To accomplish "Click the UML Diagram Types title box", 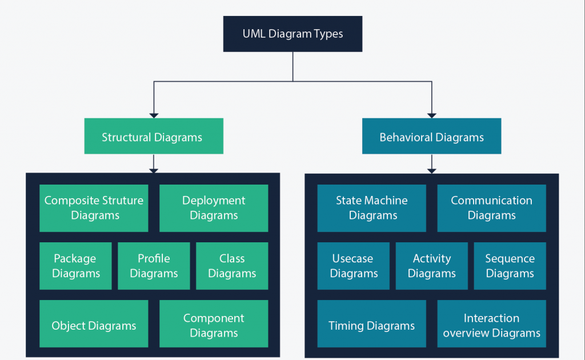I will tap(292, 34).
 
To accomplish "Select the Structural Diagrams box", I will tap(153, 137).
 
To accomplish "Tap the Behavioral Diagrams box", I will tap(431, 137).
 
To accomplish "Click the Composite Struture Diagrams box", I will tap(94, 208).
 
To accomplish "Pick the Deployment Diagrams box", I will tap(214, 208).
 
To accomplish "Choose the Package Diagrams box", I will tap(75, 266).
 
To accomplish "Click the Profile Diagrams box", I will tap(154, 266).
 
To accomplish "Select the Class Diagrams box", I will tap(232, 266).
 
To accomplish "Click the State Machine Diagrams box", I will tap(371, 208).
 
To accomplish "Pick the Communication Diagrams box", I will tap(491, 208).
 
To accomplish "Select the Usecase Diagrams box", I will tap(354, 266).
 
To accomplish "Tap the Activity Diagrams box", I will tap(431, 266).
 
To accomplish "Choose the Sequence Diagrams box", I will tap(510, 266).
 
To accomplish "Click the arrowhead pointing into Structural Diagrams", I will tap(153, 114).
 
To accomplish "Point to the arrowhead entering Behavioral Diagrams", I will tap(431, 114).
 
